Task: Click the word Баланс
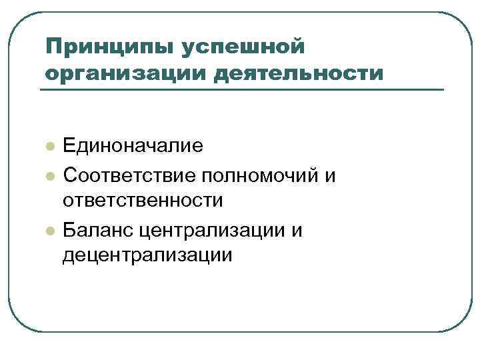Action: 98,230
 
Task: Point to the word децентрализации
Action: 147,254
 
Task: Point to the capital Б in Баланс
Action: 69,230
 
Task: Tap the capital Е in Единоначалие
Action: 69,146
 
